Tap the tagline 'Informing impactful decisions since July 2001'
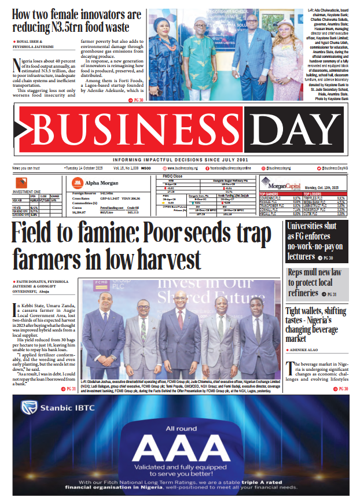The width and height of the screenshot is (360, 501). pyautogui.click(x=180, y=159)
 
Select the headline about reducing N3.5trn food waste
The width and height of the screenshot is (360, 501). pyautogui.click(x=77, y=21)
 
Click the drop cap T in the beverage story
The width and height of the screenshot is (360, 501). pyautogui.click(x=290, y=366)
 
